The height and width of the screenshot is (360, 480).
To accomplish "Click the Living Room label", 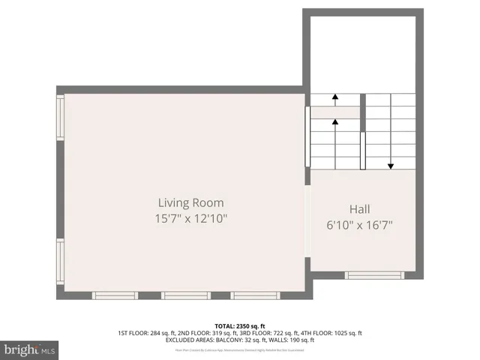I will point(190,202).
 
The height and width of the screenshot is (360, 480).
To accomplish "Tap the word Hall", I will point(359,209).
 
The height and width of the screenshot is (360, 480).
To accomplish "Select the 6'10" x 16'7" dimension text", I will point(359,224).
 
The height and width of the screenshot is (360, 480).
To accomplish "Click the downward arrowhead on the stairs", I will point(391,166).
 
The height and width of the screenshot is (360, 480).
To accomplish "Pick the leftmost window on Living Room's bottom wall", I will point(115,295).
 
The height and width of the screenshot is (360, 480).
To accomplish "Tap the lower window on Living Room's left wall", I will point(61,262).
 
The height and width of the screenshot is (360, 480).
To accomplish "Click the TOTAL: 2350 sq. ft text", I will point(240,325).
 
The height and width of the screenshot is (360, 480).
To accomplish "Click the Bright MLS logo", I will point(30,349).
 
